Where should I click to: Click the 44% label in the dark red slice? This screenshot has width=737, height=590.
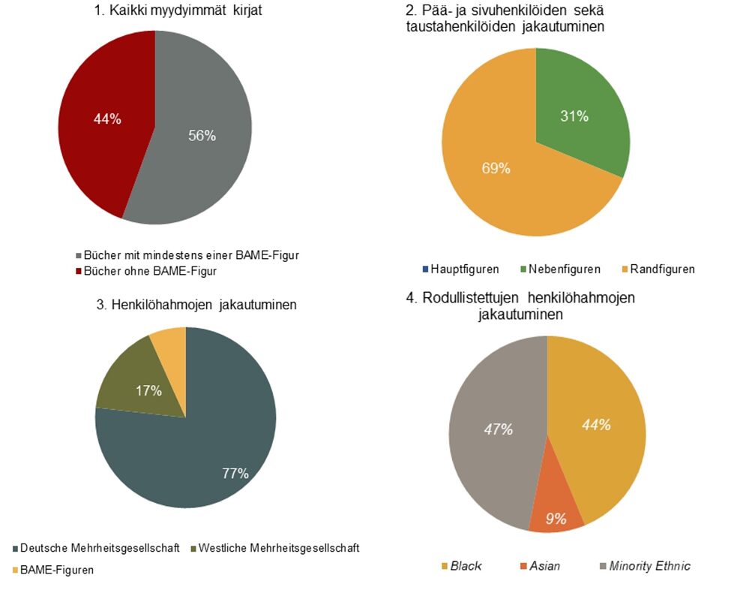click(x=107, y=119)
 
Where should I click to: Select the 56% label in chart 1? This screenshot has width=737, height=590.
click(x=202, y=136)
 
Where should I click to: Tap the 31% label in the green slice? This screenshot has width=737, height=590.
click(x=574, y=116)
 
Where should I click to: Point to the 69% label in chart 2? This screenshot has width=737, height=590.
click(x=496, y=168)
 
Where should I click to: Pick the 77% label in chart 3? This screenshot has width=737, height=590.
click(x=235, y=472)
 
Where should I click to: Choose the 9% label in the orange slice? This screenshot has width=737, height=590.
click(x=555, y=518)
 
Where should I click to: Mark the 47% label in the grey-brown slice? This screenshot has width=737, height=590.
click(x=498, y=429)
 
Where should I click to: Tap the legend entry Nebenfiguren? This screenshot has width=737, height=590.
click(x=560, y=269)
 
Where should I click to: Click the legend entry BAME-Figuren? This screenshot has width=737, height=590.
click(x=57, y=570)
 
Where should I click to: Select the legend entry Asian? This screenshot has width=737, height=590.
click(x=544, y=565)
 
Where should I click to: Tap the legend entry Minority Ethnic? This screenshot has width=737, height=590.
click(x=649, y=565)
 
